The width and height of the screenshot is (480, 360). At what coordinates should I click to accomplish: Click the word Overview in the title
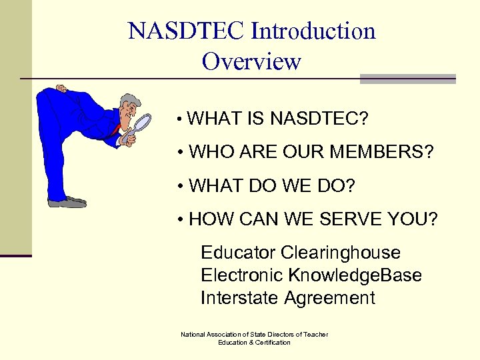coord(251,62)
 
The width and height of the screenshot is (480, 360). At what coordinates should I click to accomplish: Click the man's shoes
coord(67,201)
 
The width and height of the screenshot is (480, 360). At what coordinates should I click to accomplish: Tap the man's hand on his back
coord(61,89)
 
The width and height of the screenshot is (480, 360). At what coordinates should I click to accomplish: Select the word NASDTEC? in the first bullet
coord(319,119)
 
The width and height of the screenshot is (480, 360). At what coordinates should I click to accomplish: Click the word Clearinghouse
coord(341,253)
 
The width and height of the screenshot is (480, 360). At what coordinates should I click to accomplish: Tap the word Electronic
coord(242,275)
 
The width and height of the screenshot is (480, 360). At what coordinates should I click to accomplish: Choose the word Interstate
coord(239,297)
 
